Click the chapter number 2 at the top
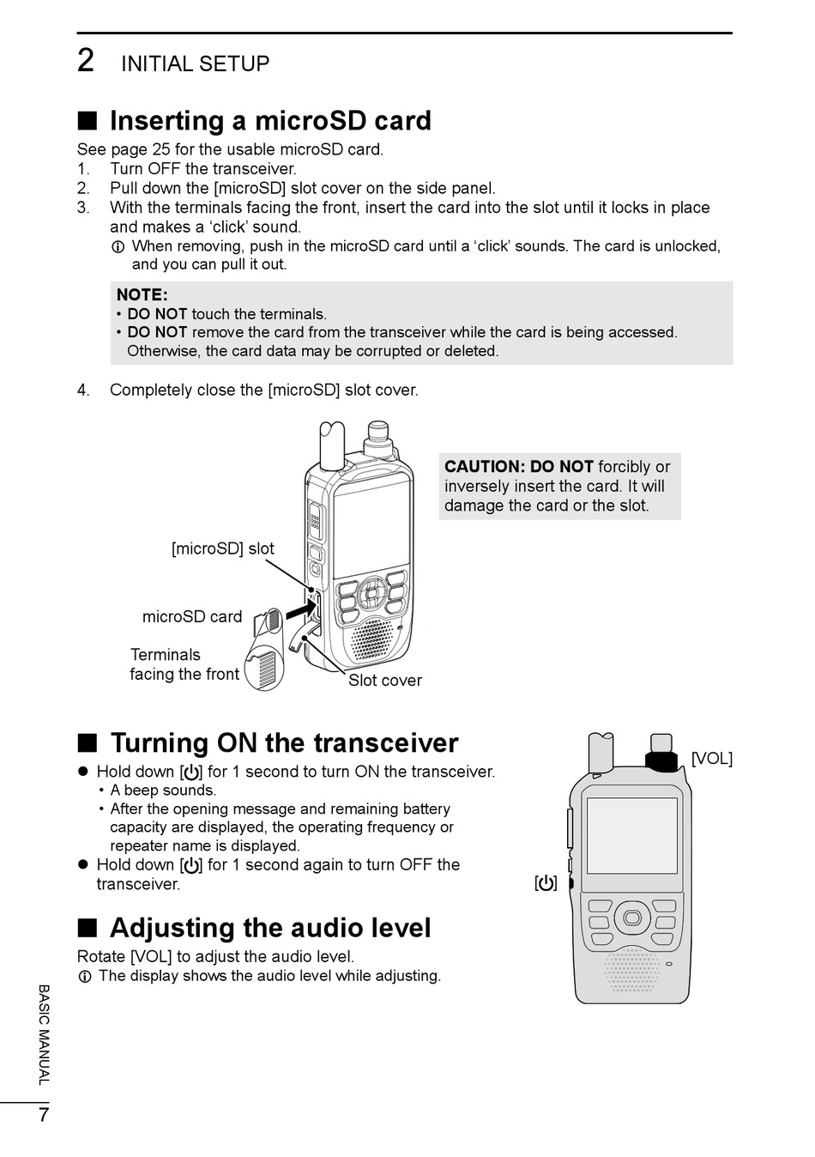coord(86,62)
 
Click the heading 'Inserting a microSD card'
coord(270,121)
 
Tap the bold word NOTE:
coord(142,294)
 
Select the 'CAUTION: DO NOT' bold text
coord(518,467)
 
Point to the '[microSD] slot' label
coord(223,548)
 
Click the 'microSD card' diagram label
coord(192,616)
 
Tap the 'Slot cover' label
coord(385,681)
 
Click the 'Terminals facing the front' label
coord(184,664)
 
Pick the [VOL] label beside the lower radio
coord(711,759)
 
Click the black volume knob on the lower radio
coord(661,761)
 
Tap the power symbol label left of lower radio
coord(546,882)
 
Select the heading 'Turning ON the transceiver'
coord(284,743)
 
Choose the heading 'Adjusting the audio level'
coord(270,928)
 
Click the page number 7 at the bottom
coord(43,1116)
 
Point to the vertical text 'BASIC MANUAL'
coord(44,1034)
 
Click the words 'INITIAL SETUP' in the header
coord(196,64)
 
